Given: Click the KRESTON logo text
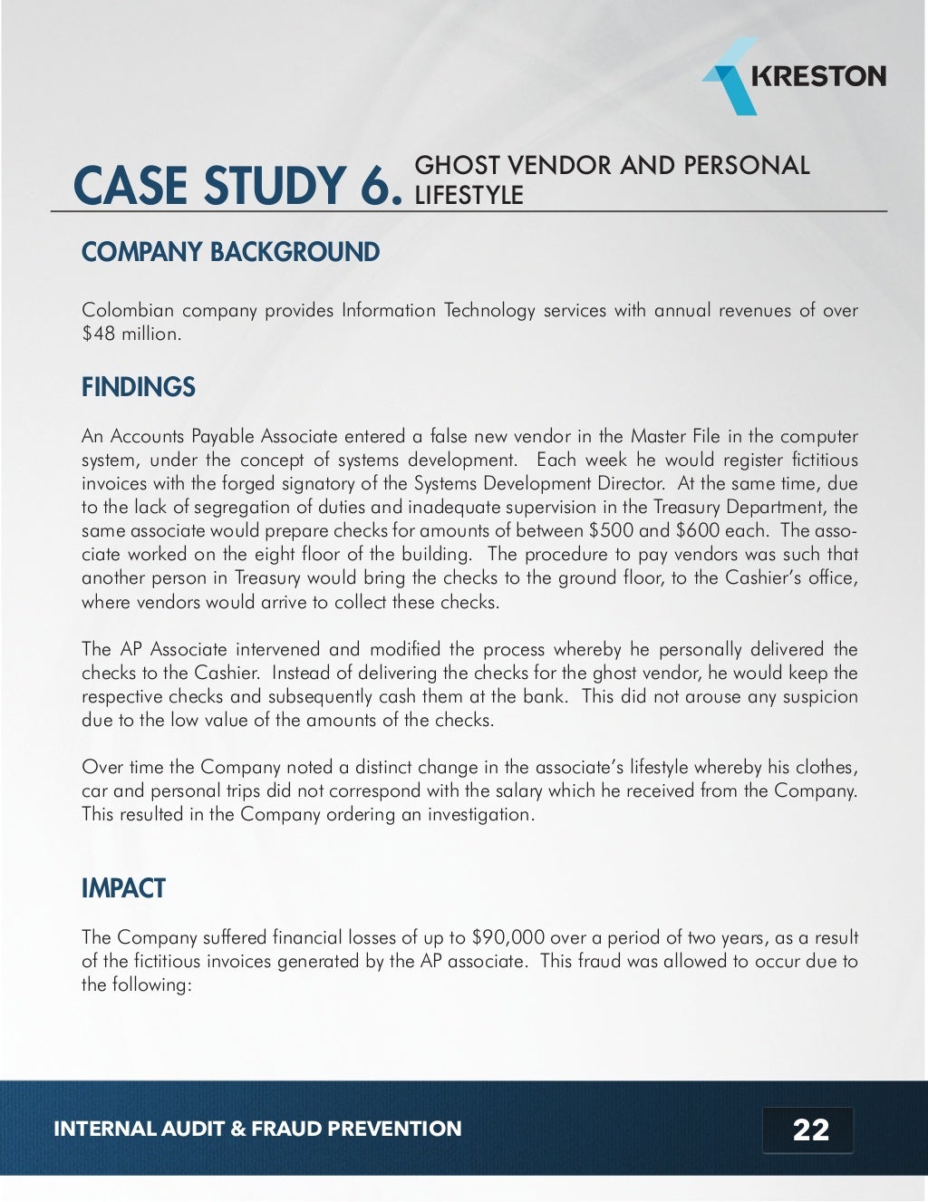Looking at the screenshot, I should (x=818, y=76).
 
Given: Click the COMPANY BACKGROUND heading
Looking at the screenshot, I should (x=230, y=252).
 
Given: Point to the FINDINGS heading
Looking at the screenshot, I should (x=138, y=387).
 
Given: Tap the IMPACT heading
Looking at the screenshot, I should (x=123, y=888).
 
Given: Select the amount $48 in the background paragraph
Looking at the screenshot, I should (x=98, y=334).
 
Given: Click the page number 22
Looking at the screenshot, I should (x=810, y=1129).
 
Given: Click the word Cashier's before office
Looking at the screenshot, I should (x=760, y=577).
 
